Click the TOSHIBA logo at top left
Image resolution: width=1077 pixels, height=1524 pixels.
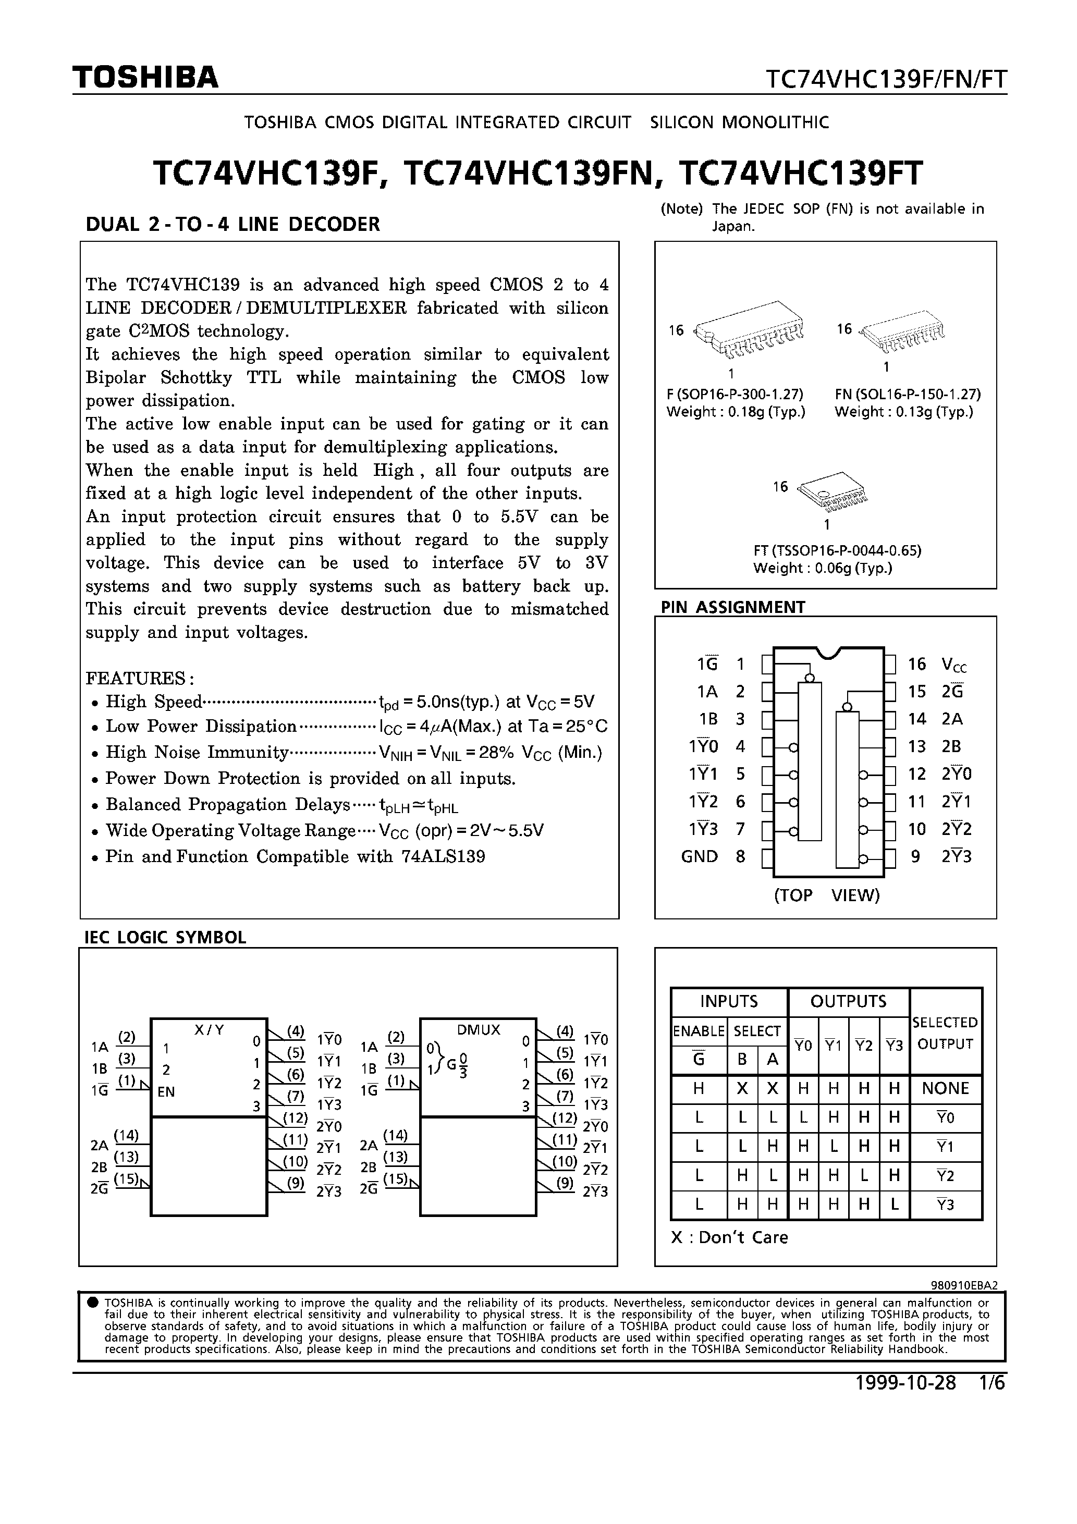pyautogui.click(x=145, y=78)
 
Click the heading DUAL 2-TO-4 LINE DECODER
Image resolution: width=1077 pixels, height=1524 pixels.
pyautogui.click(x=232, y=224)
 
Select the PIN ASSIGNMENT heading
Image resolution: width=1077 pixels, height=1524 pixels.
pyautogui.click(x=732, y=607)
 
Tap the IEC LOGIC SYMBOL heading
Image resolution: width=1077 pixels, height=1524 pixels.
pyautogui.click(x=165, y=937)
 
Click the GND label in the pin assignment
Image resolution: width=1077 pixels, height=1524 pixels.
pyautogui.click(x=699, y=856)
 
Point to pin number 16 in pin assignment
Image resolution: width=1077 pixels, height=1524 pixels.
pyautogui.click(x=916, y=664)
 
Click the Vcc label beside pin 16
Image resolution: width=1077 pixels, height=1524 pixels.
pyautogui.click(x=953, y=665)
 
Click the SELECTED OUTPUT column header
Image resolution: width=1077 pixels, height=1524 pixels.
pyautogui.click(x=945, y=1033)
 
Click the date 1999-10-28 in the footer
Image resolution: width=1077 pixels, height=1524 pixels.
pyautogui.click(x=905, y=1383)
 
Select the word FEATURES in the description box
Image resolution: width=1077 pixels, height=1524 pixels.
pyautogui.click(x=138, y=679)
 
